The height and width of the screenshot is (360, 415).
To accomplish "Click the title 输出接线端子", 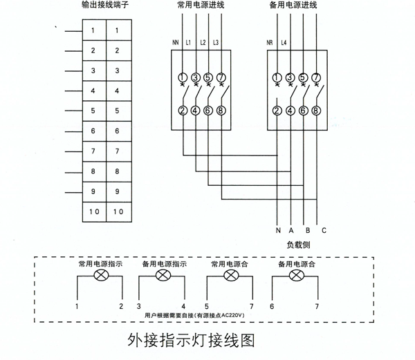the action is pyautogui.click(x=105, y=5).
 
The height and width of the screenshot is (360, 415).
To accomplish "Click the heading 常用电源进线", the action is pyautogui.click(x=201, y=5).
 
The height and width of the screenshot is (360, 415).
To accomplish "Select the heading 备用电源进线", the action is pyautogui.click(x=293, y=5).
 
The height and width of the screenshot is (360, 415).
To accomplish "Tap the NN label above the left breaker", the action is pyautogui.click(x=176, y=42).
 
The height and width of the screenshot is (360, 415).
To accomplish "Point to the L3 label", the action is pyautogui.click(x=216, y=42).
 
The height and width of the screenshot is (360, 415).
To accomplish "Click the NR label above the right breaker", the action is pyautogui.click(x=270, y=42).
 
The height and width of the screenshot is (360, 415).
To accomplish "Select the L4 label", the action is pyautogui.click(x=284, y=42).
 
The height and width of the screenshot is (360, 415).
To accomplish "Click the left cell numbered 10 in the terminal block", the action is pyautogui.click(x=94, y=212).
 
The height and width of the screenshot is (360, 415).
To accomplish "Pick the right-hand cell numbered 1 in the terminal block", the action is pyautogui.click(x=119, y=30).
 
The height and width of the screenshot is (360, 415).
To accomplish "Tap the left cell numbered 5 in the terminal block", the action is pyautogui.click(x=94, y=111).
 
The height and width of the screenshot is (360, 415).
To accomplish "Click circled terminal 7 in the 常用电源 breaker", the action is pyautogui.click(x=221, y=77).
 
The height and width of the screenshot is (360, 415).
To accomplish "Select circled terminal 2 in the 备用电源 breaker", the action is pyautogui.click(x=277, y=111).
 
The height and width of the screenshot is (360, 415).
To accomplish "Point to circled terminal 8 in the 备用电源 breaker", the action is pyautogui.click(x=316, y=111).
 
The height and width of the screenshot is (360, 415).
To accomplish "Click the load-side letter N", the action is pyautogui.click(x=278, y=231).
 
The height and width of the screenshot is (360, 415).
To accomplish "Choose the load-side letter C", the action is pyautogui.click(x=324, y=231).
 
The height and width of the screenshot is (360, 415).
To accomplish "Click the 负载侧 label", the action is pyautogui.click(x=298, y=245).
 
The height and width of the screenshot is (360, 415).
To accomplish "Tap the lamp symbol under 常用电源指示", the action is pyautogui.click(x=102, y=276).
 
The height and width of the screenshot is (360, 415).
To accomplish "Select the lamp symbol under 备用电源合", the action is pyautogui.click(x=297, y=276).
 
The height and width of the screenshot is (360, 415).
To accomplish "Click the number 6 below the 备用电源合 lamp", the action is pyautogui.click(x=272, y=307).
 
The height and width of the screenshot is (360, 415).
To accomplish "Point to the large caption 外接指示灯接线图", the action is pyautogui.click(x=191, y=340).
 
